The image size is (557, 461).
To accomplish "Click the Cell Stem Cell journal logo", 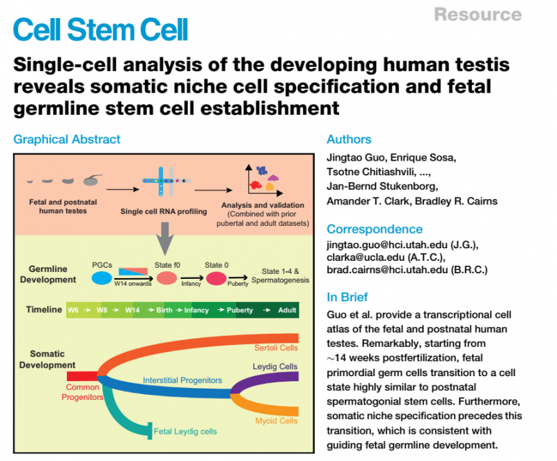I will pyautogui.click(x=100, y=29).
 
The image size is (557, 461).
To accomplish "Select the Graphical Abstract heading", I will pyautogui.click(x=67, y=139).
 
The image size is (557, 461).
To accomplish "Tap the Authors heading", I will pyautogui.click(x=349, y=139).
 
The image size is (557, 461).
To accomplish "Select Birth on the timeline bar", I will pyautogui.click(x=164, y=310).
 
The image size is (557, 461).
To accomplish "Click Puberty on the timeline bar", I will pyautogui.click(x=239, y=310).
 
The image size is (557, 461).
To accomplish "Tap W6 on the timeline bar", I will pyautogui.click(x=73, y=310).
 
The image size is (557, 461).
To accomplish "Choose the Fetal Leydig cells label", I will pyautogui.click(x=185, y=431).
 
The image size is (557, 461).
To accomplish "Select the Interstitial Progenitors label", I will pyautogui.click(x=182, y=380).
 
